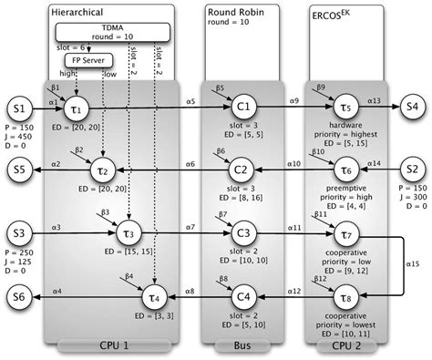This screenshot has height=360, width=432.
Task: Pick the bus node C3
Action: [x=242, y=232]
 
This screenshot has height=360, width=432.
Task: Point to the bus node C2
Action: [x=242, y=170]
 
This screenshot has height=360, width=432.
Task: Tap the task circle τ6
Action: [x=345, y=170]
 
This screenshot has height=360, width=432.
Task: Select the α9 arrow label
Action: [x=293, y=100]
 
